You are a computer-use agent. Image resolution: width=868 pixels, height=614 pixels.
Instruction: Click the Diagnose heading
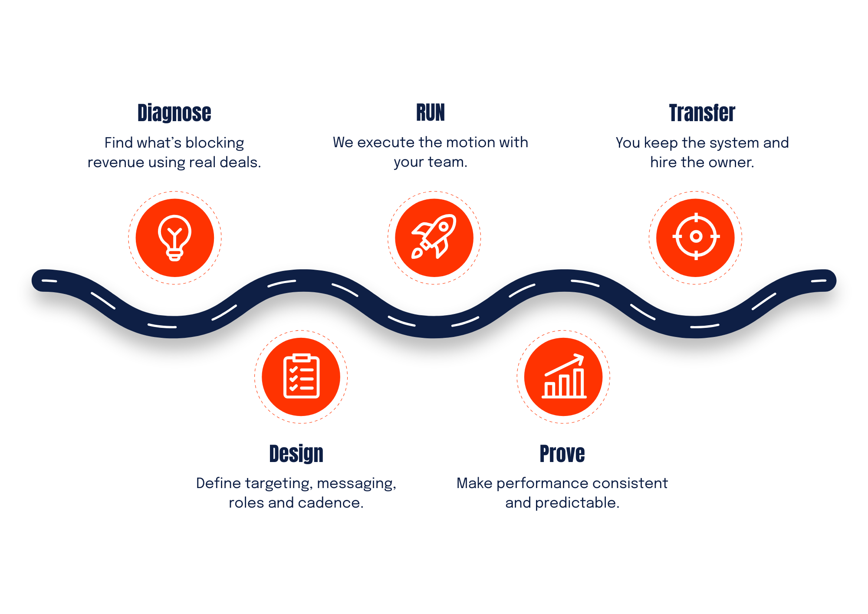click(x=174, y=113)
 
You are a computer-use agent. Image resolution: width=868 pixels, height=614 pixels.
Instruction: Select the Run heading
click(x=431, y=112)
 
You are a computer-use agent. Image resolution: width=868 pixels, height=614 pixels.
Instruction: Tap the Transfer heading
click(x=700, y=113)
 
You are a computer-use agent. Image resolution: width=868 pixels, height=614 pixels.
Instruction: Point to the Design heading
click(x=296, y=454)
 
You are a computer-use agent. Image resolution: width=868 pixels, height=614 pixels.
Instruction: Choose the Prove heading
click(x=562, y=454)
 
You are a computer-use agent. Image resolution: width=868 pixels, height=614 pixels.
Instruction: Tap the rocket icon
click(x=434, y=236)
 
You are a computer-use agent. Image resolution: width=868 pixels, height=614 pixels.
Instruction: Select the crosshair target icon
click(x=696, y=236)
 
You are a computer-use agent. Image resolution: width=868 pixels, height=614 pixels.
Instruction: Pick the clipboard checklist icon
click(x=301, y=376)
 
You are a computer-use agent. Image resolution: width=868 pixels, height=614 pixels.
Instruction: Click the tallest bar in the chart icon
click(x=579, y=383)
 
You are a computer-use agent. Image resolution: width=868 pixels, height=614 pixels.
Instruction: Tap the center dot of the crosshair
click(x=696, y=236)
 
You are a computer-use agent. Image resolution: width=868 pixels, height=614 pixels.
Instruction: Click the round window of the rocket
click(x=444, y=226)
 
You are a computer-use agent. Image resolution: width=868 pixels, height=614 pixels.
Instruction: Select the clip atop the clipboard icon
click(x=301, y=357)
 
